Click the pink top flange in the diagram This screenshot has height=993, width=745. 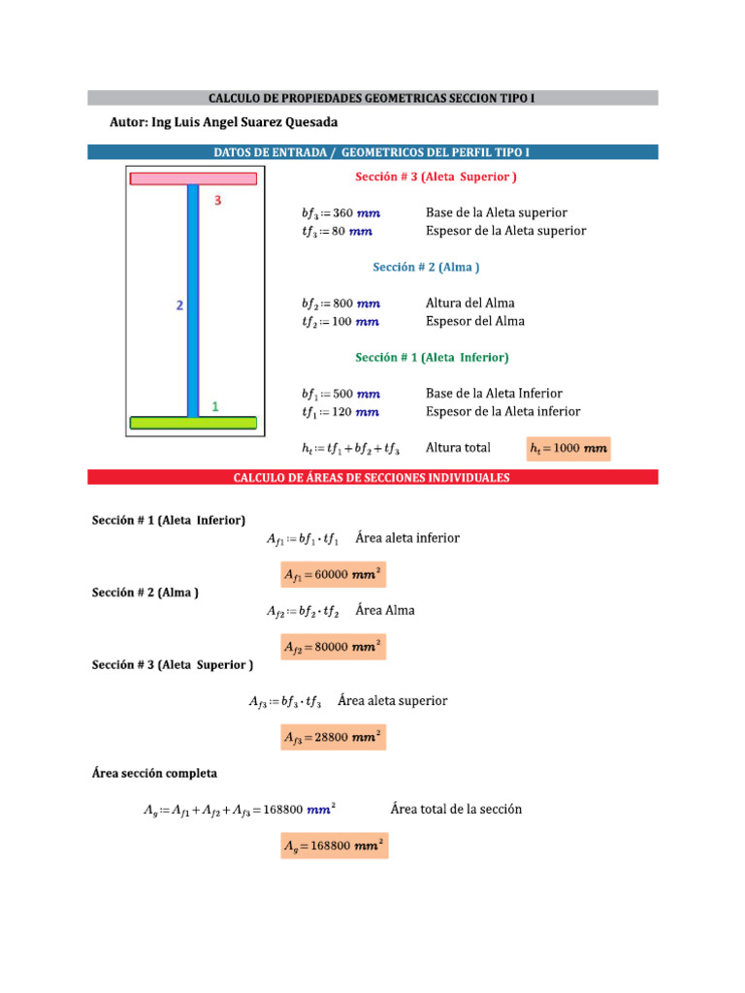pos(193,178)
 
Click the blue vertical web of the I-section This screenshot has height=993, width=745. pos(193,301)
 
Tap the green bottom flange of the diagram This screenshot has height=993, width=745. pos(193,423)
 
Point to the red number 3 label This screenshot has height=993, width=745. pos(218,201)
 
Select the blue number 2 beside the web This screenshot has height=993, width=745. pos(179,305)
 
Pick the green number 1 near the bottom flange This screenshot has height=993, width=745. pos(214,407)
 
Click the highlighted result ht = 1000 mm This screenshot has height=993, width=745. pos(568,448)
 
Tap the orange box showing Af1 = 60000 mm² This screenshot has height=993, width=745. pos(333,574)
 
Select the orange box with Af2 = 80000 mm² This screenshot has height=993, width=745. pos(333,647)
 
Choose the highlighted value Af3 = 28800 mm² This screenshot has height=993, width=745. pos(333,737)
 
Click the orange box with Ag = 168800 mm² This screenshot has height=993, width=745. pos(333,847)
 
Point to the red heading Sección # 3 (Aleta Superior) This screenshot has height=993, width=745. pos(436,176)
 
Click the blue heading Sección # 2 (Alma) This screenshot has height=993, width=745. pos(427,267)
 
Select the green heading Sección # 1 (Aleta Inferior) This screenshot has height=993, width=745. pos(432,357)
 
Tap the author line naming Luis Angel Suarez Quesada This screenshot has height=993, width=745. pos(225,122)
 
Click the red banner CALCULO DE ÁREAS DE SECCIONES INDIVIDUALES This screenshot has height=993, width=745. pos(372,477)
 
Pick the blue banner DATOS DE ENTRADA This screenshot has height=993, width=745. pos(372,152)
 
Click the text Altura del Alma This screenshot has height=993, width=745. pos(470,303)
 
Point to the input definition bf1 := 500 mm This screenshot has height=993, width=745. pos(340,394)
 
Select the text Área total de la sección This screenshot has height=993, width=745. pos(456,809)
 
